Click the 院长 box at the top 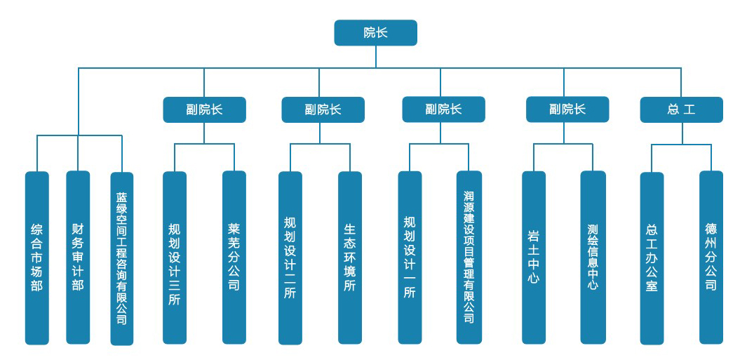(375, 33)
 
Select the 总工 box (681, 109)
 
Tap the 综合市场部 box (37, 258)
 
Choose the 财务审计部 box (78, 258)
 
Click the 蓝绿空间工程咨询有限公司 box (122, 258)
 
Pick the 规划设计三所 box (175, 258)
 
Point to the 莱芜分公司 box (234, 258)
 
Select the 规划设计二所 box (290, 258)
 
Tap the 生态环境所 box (350, 258)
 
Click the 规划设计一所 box (410, 258)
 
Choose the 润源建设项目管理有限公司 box (469, 258)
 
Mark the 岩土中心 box (534, 258)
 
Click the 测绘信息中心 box (593, 258)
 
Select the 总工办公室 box (652, 258)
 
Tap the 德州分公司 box (711, 258)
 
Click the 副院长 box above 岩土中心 (567, 109)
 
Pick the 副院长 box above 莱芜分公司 (204, 109)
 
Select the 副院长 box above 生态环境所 (323, 109)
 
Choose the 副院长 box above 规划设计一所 (443, 109)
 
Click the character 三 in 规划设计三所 (175, 284)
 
